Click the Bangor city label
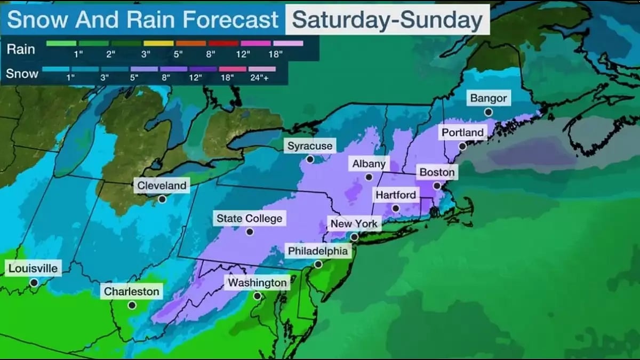(x=489, y=99)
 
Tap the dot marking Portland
(x=462, y=146)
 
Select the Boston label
(x=437, y=172)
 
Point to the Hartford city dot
(x=395, y=209)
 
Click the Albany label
(x=369, y=164)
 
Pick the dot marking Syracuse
(x=310, y=159)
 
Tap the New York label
(x=354, y=223)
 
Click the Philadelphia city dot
(x=318, y=264)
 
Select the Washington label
(x=257, y=283)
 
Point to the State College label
(x=249, y=218)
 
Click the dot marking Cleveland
(x=162, y=199)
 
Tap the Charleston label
(x=131, y=292)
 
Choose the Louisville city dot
(x=34, y=282)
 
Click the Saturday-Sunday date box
(x=387, y=20)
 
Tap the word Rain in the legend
(x=21, y=49)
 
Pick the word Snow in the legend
(x=22, y=74)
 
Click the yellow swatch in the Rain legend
(x=158, y=43)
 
